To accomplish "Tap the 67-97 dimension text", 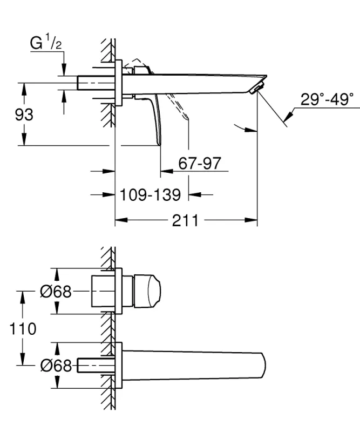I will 200,164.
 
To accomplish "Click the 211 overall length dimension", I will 185,220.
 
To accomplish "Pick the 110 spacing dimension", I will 22,328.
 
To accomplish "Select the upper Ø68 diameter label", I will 56,292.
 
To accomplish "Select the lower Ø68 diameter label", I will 56,366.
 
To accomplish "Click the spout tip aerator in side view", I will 259,87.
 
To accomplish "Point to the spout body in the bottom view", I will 194,366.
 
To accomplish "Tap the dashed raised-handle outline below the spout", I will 181,108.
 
